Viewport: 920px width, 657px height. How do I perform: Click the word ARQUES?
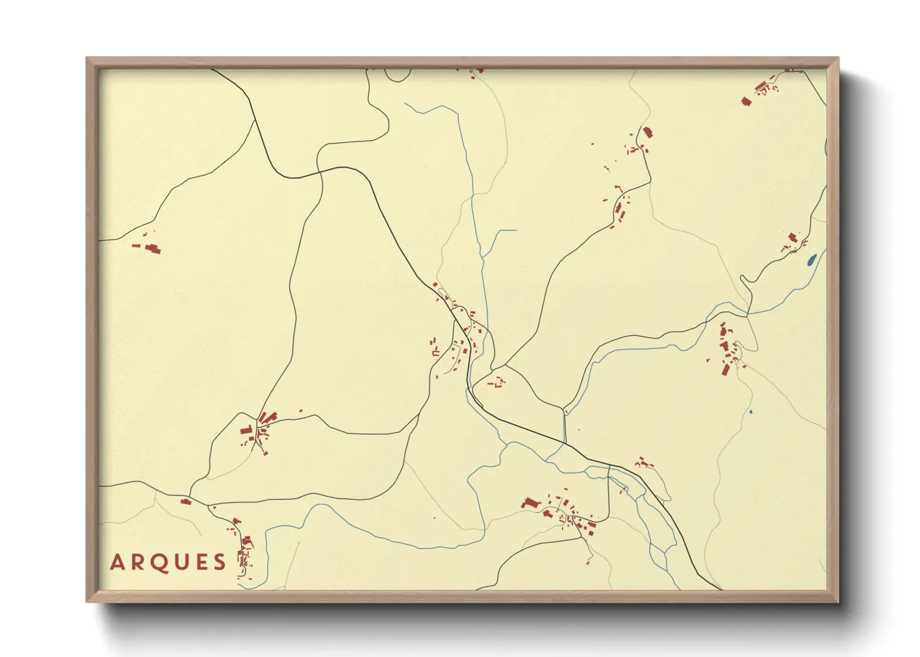coord(168,562)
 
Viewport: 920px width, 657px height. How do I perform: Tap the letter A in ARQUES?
coord(117,562)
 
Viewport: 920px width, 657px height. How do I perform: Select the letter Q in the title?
coord(158,562)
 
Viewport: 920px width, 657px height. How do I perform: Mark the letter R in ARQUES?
coord(137,562)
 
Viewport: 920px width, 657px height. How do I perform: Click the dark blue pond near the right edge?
coord(811,260)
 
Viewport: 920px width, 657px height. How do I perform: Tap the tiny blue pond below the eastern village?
coord(751,412)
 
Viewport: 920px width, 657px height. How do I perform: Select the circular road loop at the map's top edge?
coord(398,74)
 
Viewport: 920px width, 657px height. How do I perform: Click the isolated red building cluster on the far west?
coord(149,248)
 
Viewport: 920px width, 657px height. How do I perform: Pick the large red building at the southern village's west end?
coord(531,503)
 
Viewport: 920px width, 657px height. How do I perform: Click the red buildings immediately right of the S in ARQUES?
coord(244,553)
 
